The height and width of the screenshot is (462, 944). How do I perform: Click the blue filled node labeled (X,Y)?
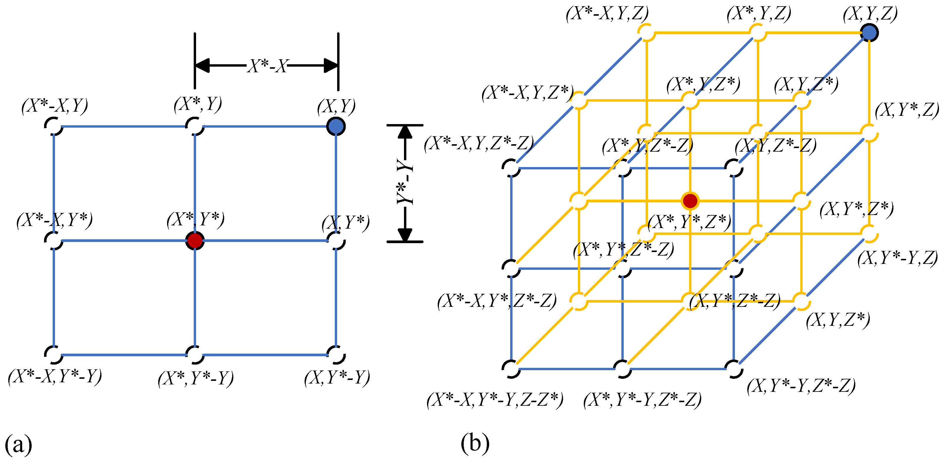[x=336, y=126]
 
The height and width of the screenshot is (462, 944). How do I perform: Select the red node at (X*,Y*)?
[x=195, y=241]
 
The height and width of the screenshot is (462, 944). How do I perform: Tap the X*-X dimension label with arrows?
[x=268, y=66]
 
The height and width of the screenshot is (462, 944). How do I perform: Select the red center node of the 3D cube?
[x=690, y=201]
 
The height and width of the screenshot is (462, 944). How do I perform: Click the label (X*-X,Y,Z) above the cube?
[x=607, y=14]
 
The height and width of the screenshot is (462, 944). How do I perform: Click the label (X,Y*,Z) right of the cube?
[x=907, y=110]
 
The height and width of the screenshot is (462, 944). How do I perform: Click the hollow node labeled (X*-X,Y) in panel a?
[x=54, y=126]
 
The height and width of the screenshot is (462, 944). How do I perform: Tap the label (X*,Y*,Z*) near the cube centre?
[x=689, y=222]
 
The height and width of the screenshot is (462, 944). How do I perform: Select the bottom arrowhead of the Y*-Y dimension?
[x=405, y=235]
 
